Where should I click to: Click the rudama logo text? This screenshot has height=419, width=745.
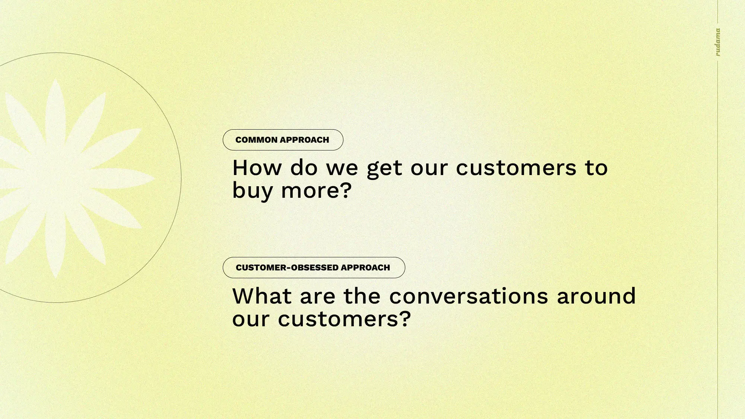tap(718, 42)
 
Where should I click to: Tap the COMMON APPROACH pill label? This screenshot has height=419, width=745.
tap(283, 140)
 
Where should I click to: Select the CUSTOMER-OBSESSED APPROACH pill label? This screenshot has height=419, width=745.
tap(314, 267)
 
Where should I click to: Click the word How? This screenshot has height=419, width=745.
tap(257, 168)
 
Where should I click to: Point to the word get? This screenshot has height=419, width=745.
tap(385, 169)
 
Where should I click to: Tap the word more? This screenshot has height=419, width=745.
tap(310, 191)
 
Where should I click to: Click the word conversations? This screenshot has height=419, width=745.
tap(469, 296)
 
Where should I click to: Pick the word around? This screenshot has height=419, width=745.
tap(596, 296)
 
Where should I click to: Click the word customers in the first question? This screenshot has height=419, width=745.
tap(516, 168)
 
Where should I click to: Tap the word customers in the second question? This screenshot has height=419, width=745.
tap(338, 319)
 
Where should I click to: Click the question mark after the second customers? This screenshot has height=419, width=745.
tap(405, 319)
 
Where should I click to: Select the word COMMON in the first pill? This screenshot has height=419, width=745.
tap(256, 140)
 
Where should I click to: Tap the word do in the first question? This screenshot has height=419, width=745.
tap(304, 168)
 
